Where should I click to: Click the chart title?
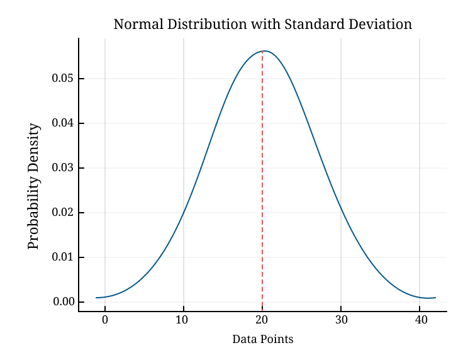pyautogui.click(x=262, y=25)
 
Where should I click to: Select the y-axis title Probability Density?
pyautogui.click(x=34, y=186)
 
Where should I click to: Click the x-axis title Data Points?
pyautogui.click(x=262, y=339)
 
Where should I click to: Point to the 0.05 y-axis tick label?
pyautogui.click(x=62, y=79)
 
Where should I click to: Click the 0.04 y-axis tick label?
pyautogui.click(x=62, y=123)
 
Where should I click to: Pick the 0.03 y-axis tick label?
pyautogui.click(x=62, y=168)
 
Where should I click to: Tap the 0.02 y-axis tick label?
pyautogui.click(x=62, y=213)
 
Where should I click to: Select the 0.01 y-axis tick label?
pyautogui.click(x=62, y=257)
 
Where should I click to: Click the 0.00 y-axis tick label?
pyautogui.click(x=62, y=302)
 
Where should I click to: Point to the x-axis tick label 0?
pyautogui.click(x=105, y=320)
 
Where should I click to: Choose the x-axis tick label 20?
pyautogui.click(x=262, y=320)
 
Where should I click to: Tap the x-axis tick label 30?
pyautogui.click(x=341, y=320)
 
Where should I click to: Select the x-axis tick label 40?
pyautogui.click(x=420, y=320)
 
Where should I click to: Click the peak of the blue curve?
pyautogui.click(x=264, y=51)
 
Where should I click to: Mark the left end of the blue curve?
pyautogui.click(x=96, y=298)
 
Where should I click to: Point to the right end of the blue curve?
pyautogui.click(x=435, y=298)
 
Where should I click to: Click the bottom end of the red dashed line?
pyautogui.click(x=262, y=310)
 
